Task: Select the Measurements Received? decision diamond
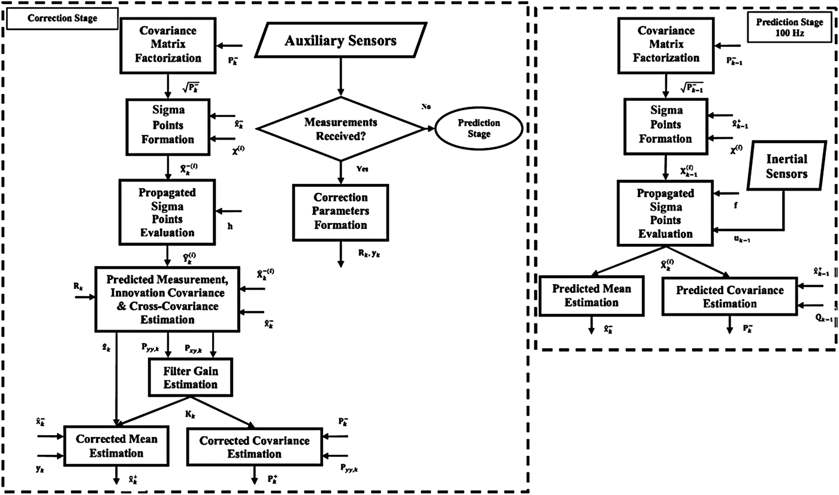[340, 129]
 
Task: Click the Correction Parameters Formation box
[340, 211]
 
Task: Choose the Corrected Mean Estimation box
[116, 446]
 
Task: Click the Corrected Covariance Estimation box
[254, 447]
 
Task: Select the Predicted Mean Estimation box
[591, 296]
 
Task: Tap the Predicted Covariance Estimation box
[729, 297]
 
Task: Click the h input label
[230, 226]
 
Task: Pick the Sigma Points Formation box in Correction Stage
[167, 125]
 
